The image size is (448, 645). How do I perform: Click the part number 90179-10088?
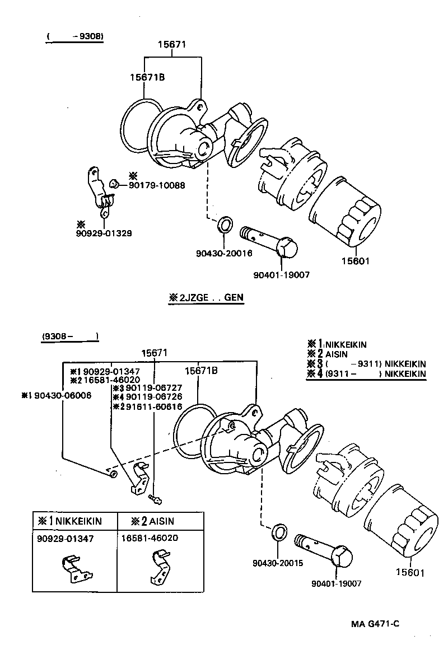[157, 185]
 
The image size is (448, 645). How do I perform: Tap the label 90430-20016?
[224, 253]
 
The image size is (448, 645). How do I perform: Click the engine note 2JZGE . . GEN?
[206, 298]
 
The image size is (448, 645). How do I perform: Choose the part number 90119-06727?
[142, 388]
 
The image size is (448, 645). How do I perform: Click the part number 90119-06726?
[142, 397]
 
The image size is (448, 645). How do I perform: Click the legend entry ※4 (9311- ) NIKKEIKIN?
[366, 374]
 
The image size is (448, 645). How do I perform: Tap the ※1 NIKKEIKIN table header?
[69, 521]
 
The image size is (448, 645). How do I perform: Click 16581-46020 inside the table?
[149, 538]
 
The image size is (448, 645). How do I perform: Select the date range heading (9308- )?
[69, 336]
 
